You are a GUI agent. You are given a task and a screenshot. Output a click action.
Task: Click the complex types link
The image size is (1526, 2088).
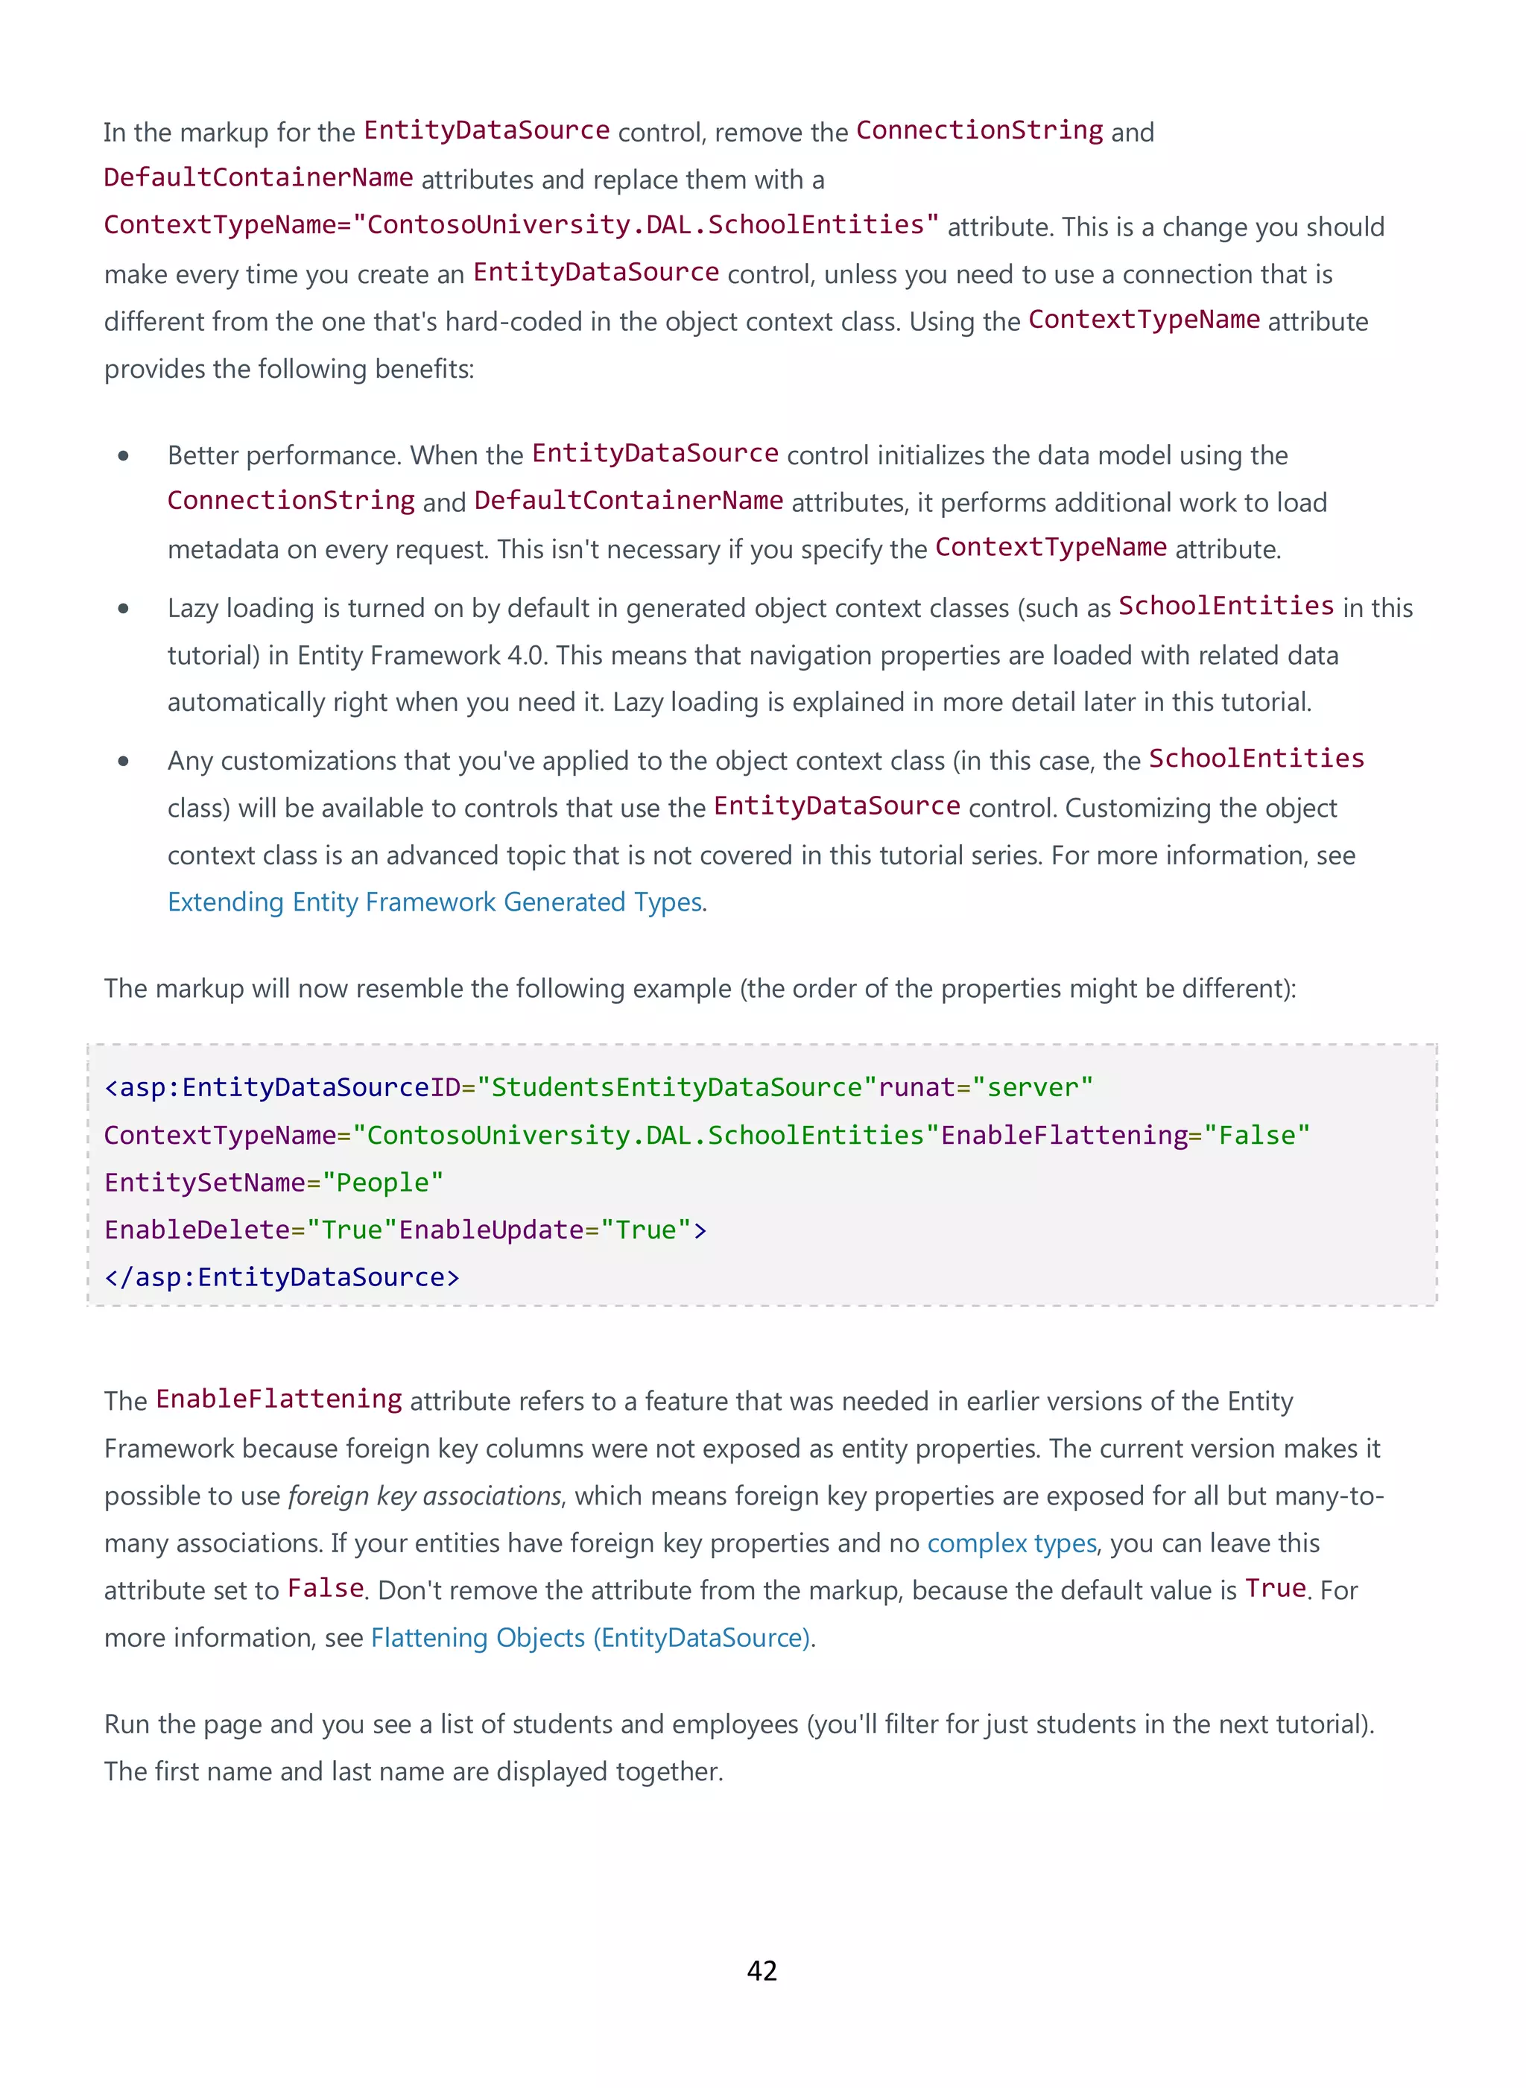click(x=1011, y=1543)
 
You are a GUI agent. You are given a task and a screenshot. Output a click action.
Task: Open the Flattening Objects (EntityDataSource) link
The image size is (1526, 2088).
click(x=591, y=1637)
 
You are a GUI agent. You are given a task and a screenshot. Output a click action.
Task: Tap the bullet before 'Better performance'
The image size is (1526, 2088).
click(x=123, y=455)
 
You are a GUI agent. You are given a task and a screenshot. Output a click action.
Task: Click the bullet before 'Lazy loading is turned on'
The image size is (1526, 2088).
click(x=123, y=608)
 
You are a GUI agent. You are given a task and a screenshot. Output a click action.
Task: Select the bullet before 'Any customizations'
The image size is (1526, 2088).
click(x=123, y=762)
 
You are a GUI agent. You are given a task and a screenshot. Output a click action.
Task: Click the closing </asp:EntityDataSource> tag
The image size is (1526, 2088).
click(x=282, y=1276)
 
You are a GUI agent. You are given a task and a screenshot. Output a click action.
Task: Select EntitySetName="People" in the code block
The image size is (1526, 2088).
click(x=273, y=1183)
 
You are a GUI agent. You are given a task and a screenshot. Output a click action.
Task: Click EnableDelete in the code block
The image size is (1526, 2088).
click(x=197, y=1230)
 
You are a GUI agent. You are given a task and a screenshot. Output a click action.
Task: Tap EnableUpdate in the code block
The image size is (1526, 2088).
click(x=492, y=1230)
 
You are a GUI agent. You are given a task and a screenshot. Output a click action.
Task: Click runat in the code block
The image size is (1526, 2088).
click(x=916, y=1087)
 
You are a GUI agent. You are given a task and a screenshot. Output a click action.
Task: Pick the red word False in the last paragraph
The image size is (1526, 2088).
click(x=325, y=1588)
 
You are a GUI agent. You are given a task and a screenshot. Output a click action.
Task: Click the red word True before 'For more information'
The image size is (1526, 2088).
click(x=1275, y=1588)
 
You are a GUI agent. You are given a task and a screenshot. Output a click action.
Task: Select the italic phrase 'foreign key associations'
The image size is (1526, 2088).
click(x=425, y=1496)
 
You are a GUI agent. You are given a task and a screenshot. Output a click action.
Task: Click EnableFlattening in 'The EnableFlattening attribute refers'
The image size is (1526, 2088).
click(x=278, y=1399)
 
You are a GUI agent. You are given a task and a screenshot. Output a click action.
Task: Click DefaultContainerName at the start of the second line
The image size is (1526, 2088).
click(x=259, y=177)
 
